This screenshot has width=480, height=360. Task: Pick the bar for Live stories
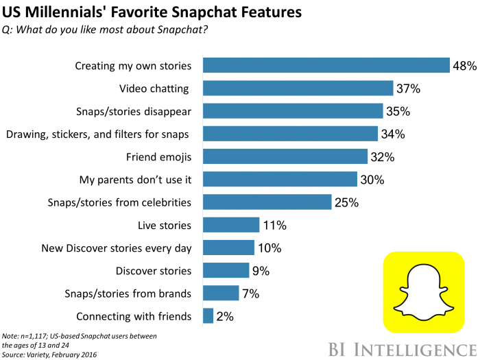(x=231, y=225)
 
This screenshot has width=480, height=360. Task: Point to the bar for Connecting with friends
(x=208, y=315)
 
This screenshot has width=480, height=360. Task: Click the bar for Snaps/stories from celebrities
(x=267, y=202)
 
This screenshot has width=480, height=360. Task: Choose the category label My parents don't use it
(x=146, y=179)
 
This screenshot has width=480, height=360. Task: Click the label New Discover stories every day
(x=117, y=248)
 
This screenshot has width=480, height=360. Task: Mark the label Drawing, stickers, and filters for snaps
(x=97, y=134)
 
